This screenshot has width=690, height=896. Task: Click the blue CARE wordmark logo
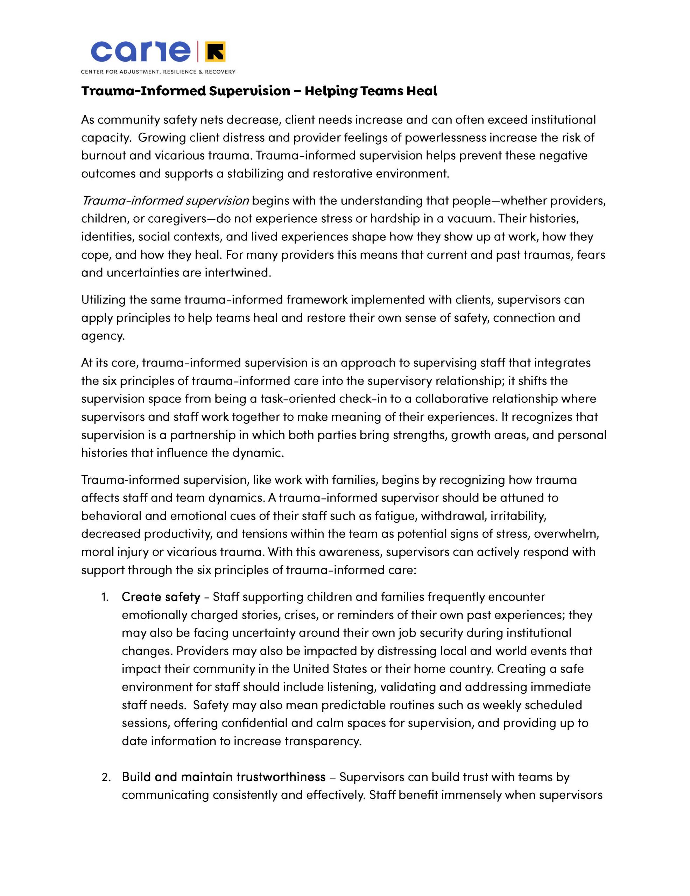pyautogui.click(x=140, y=52)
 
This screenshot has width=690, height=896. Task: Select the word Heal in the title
pyautogui.click(x=422, y=91)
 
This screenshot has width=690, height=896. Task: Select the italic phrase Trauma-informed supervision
pyautogui.click(x=165, y=201)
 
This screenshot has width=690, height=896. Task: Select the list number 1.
pyautogui.click(x=105, y=597)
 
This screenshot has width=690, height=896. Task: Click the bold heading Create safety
pyautogui.click(x=161, y=597)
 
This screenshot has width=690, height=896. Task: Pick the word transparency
pyautogui.click(x=323, y=741)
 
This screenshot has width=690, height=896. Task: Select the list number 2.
pyautogui.click(x=106, y=777)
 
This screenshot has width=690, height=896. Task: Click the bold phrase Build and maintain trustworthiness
pyautogui.click(x=224, y=777)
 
